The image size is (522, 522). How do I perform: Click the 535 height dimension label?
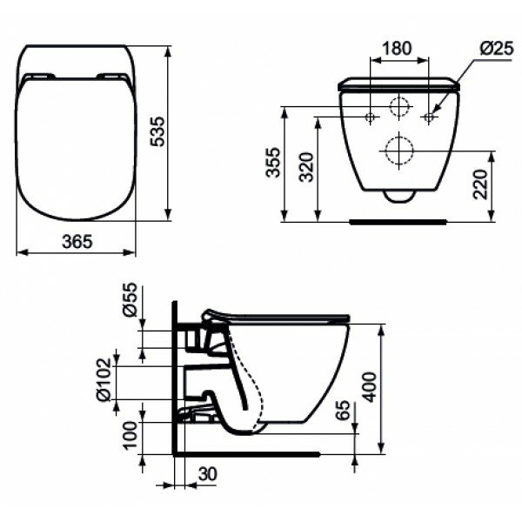pyautogui.click(x=157, y=131)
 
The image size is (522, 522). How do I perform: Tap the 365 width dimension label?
pyautogui.click(x=77, y=242)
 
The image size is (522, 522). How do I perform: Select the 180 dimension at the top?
pyautogui.click(x=397, y=48)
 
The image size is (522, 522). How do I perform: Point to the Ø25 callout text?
pyautogui.click(x=497, y=50)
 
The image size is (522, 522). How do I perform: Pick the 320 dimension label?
pyautogui.click(x=306, y=167)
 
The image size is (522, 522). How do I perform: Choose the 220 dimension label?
pyautogui.click(x=480, y=184)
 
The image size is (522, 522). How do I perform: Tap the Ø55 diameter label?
pyautogui.click(x=130, y=299)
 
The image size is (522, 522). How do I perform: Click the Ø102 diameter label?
pyautogui.click(x=103, y=380)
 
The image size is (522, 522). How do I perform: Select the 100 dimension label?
pyautogui.click(x=130, y=436)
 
